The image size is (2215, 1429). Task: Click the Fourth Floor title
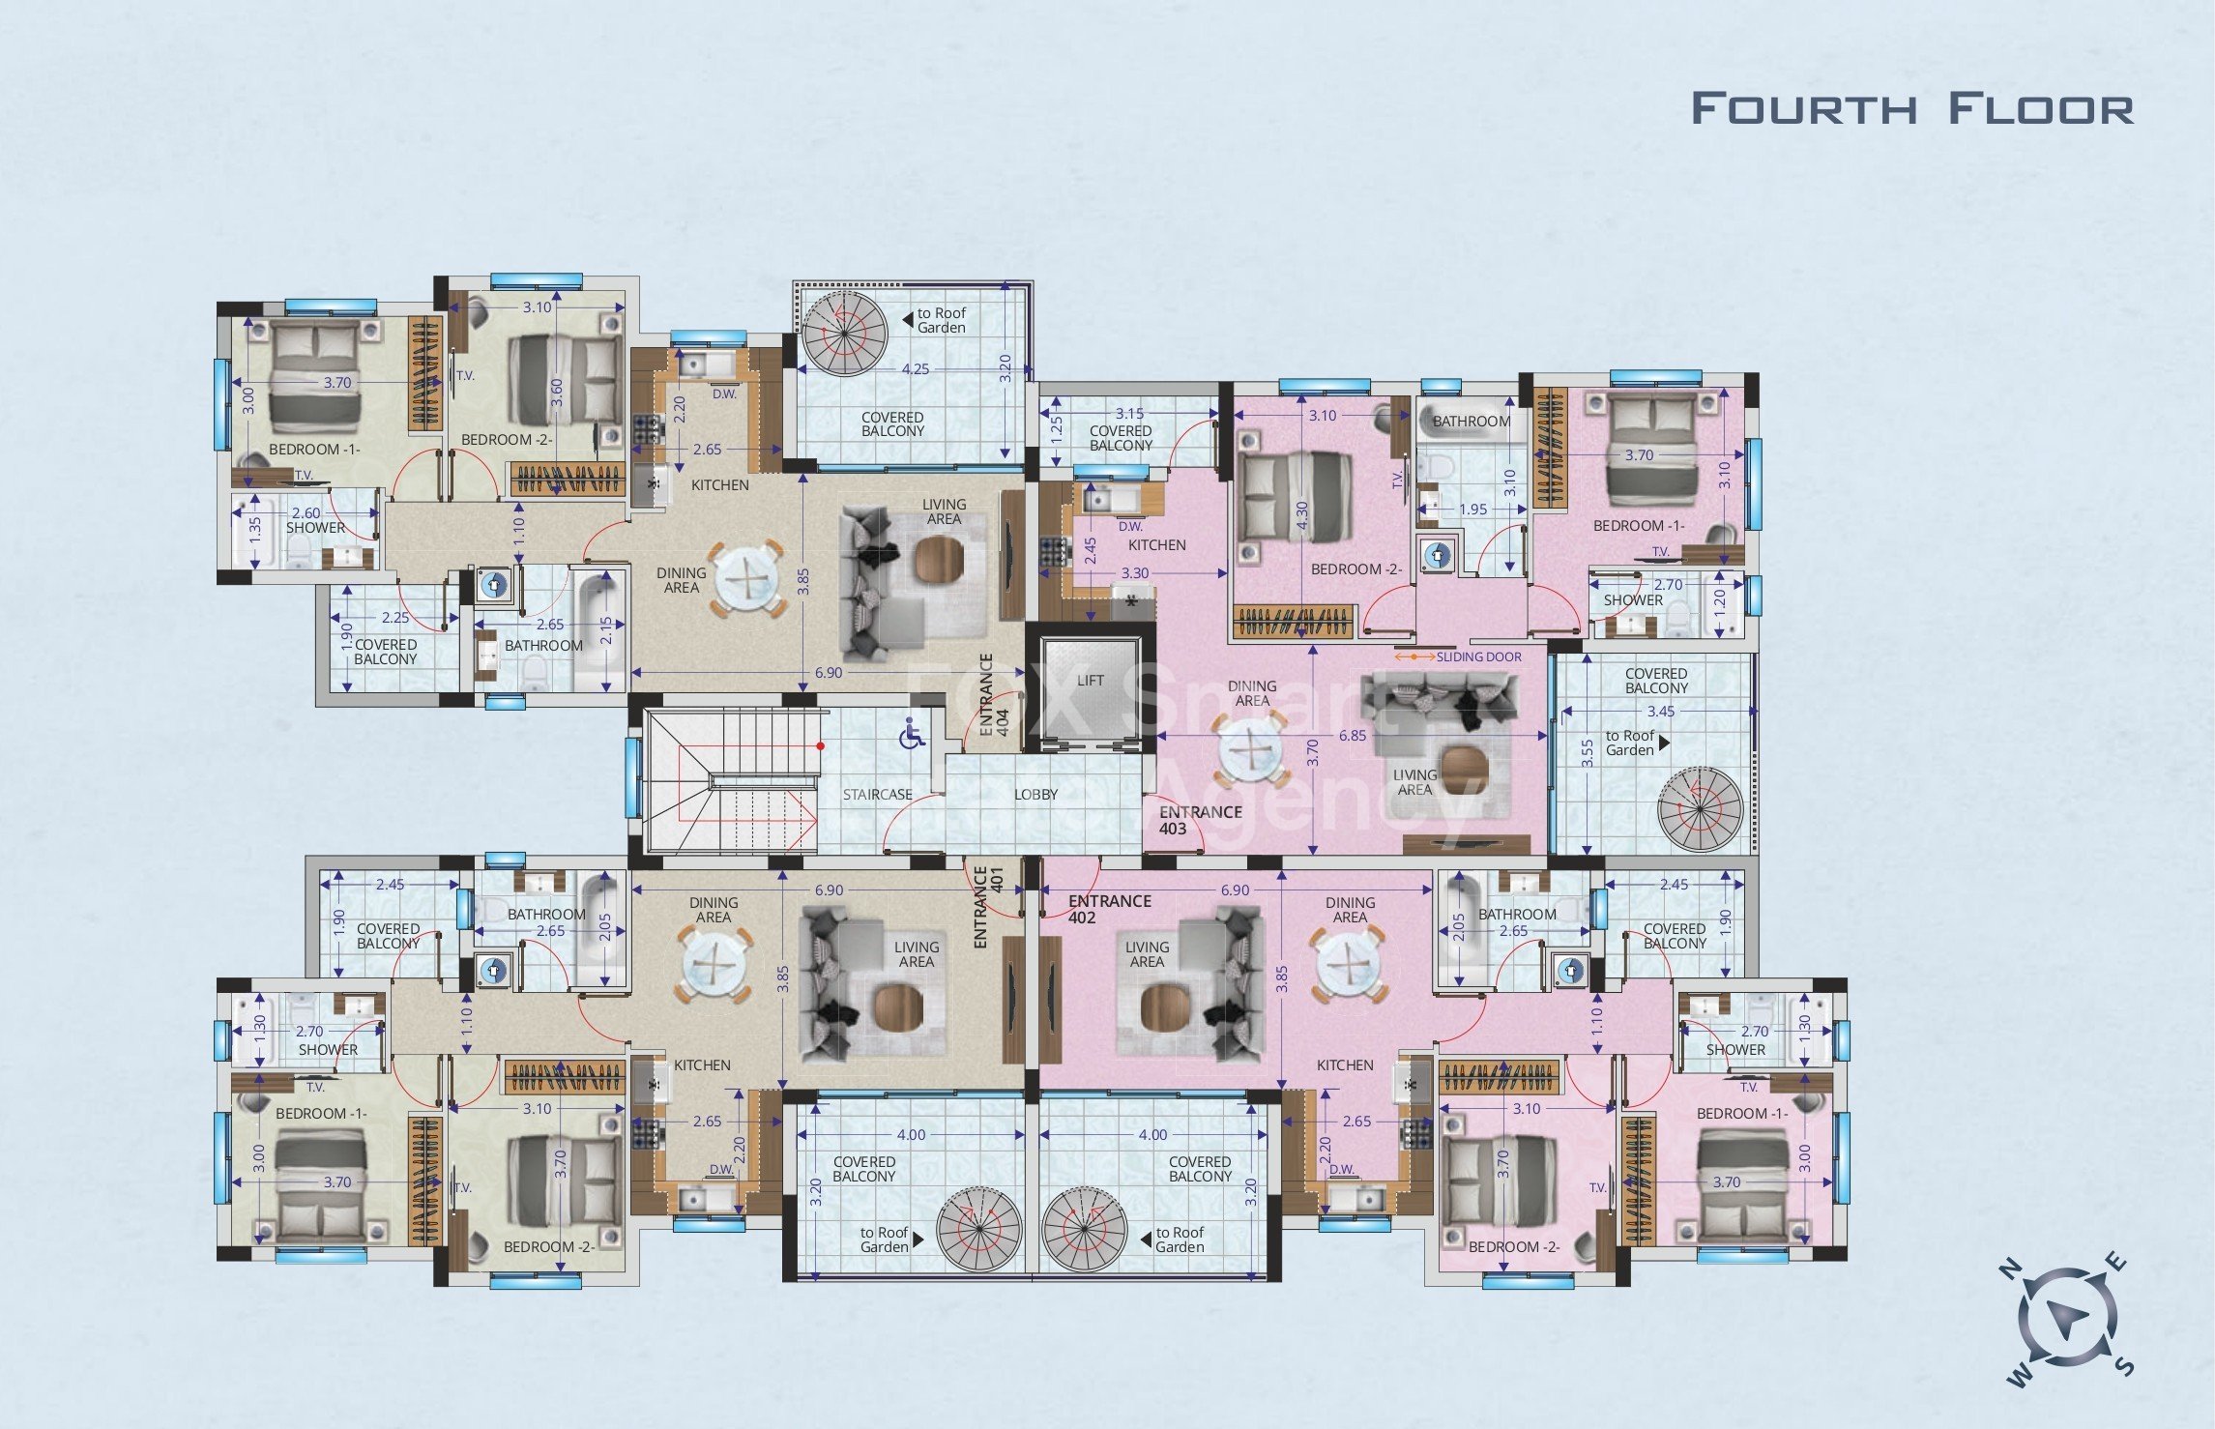[1911, 108]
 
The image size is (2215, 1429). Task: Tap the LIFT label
[1090, 681]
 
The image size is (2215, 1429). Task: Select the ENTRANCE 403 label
[1200, 820]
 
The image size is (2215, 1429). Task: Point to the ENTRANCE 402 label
[1109, 909]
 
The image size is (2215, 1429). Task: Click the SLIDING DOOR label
[1478, 657]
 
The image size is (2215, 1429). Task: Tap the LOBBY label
[1035, 795]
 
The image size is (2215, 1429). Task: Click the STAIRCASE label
[877, 795]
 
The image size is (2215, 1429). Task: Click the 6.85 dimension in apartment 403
[1352, 736]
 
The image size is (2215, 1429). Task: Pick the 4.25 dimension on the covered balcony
[915, 369]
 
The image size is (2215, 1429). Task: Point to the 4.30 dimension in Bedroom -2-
[1301, 514]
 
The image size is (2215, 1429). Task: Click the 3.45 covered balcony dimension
[1660, 712]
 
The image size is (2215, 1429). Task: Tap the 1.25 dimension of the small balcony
[1056, 426]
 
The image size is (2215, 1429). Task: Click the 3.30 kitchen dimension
[1135, 573]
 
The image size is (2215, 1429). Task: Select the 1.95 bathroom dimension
[1473, 510]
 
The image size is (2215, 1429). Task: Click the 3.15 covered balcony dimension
[1129, 414]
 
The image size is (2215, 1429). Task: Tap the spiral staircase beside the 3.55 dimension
[1699, 808]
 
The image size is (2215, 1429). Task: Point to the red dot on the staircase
[820, 745]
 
